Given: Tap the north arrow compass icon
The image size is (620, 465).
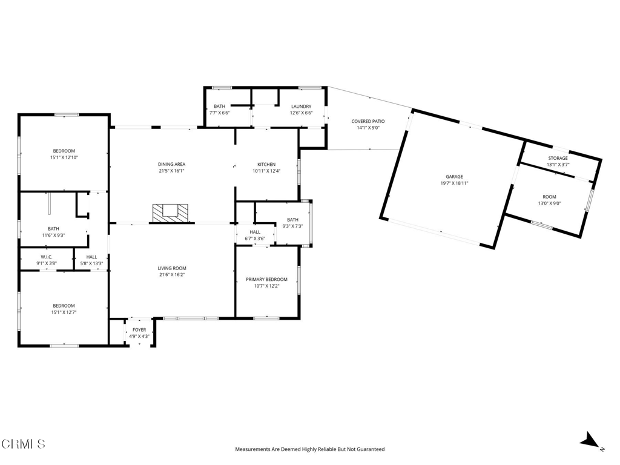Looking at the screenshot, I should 591,441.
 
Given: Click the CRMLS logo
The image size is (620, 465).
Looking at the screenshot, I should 23,444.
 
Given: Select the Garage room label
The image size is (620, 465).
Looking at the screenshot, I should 454,177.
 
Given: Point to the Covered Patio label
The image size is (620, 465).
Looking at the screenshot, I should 368,121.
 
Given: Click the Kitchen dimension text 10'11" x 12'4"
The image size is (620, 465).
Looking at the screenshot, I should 266,171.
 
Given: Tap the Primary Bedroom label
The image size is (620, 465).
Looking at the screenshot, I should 266,279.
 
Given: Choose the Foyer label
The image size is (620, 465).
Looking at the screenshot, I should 139,329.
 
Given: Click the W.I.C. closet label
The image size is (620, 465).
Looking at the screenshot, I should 47,257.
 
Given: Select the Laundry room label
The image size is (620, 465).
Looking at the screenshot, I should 301,106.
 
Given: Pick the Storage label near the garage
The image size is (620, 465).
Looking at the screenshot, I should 558,158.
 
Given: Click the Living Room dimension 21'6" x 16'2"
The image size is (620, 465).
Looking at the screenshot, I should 172,275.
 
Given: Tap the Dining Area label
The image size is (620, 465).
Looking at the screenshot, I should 171,164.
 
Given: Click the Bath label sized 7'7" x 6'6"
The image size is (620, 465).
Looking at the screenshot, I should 219,106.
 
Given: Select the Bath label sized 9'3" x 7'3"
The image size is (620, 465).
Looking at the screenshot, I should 292,219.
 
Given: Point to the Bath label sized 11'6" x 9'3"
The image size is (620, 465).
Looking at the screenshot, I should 53,228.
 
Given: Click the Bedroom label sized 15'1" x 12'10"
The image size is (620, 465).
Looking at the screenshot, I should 64,151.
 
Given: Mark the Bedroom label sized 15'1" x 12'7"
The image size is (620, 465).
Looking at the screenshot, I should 64,305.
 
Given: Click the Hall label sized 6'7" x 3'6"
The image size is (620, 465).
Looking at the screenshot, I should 255,231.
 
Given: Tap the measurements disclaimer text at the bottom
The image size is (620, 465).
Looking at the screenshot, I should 309,449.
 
